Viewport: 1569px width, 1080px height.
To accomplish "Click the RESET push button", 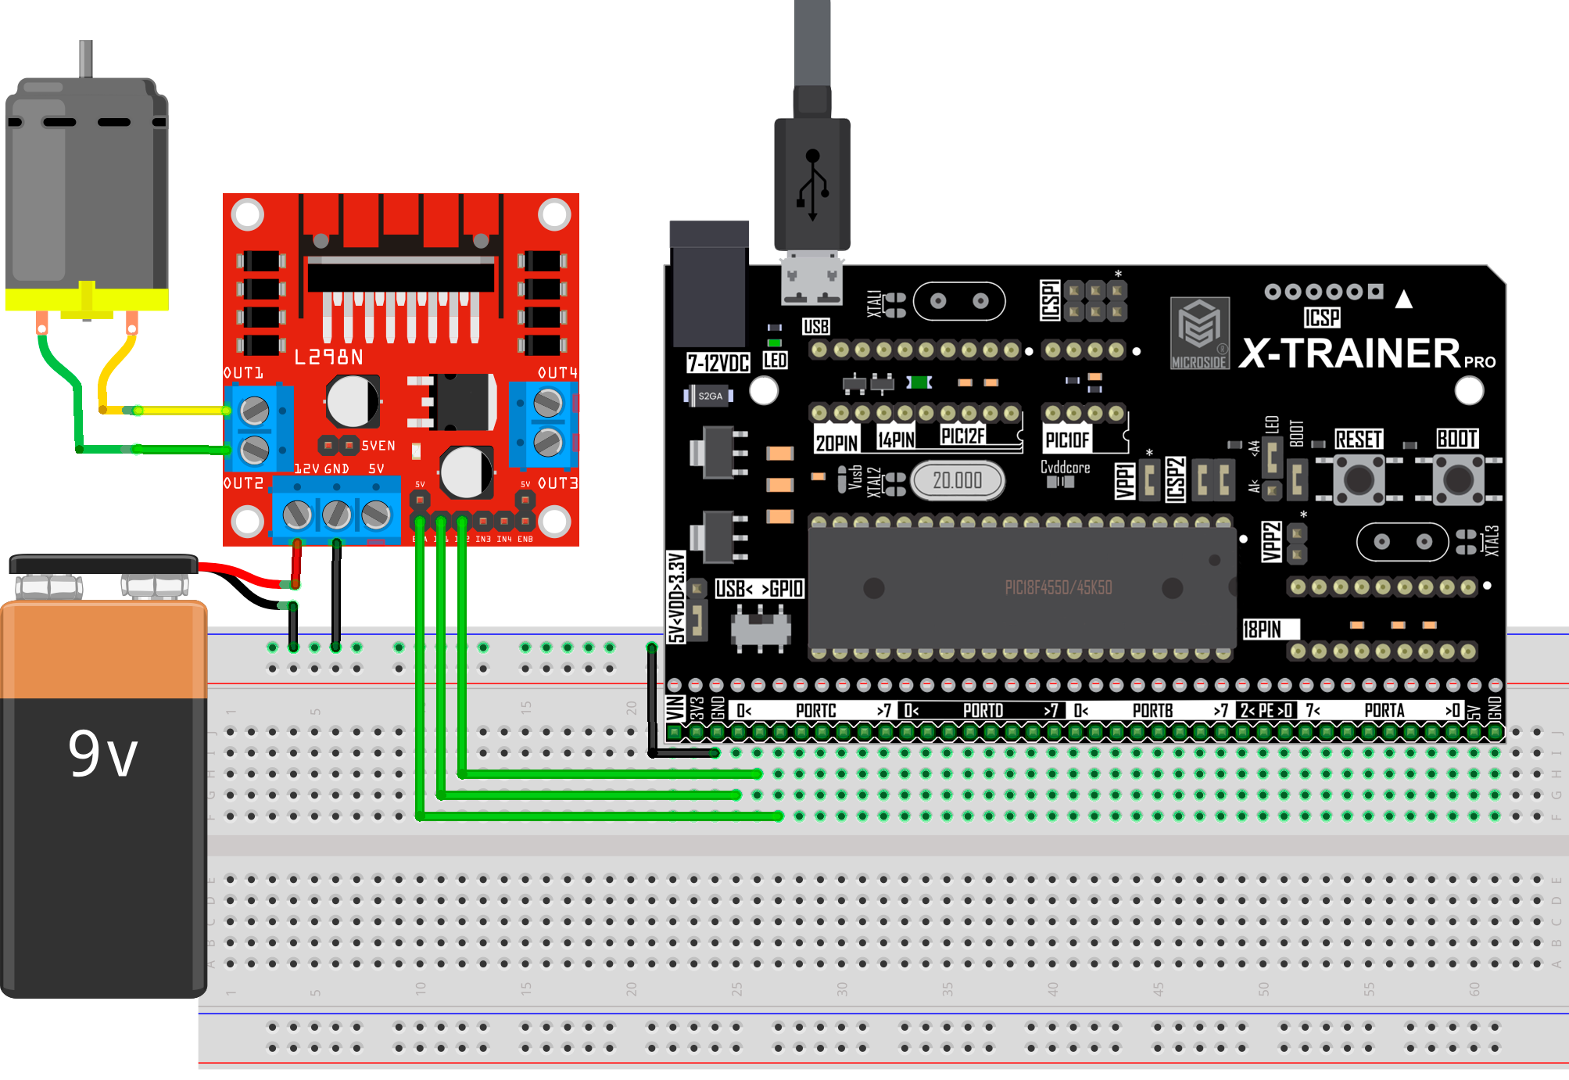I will (1359, 479).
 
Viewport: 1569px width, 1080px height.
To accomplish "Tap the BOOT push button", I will (1458, 479).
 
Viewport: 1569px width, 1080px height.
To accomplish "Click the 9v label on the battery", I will (102, 755).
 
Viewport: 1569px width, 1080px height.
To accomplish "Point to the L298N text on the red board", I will (328, 357).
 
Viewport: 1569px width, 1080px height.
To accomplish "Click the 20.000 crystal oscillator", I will (957, 480).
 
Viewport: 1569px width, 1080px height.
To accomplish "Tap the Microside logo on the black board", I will (1199, 332).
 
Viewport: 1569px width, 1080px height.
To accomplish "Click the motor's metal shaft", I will (86, 59).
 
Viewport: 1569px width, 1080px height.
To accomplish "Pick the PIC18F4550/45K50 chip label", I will (1058, 588).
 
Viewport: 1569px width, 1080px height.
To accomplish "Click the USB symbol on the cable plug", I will (812, 185).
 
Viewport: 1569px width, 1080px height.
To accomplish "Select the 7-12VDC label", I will (718, 363).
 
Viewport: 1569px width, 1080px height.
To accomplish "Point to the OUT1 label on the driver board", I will (243, 373).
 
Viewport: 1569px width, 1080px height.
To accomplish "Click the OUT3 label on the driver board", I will (557, 483).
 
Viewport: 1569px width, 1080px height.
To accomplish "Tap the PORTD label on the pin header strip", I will (983, 710).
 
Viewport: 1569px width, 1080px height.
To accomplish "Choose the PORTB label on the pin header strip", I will (1152, 710).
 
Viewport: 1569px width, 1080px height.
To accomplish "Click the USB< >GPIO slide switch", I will (760, 630).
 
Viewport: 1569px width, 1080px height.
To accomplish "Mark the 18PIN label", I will (1263, 630).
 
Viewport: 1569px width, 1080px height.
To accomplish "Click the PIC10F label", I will (1067, 440).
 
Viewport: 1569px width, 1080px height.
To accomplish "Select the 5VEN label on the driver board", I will (378, 446).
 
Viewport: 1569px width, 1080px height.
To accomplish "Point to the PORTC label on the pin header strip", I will (815, 710).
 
